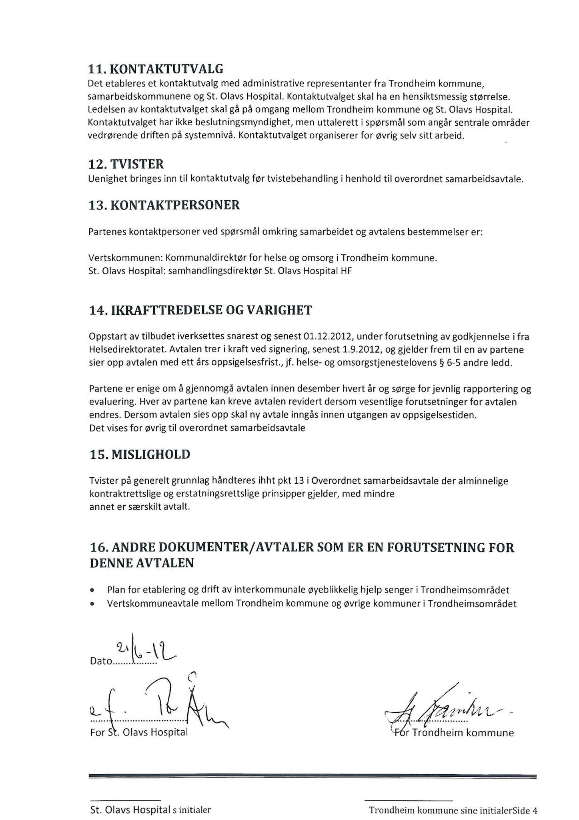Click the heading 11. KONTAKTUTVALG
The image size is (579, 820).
[x=155, y=69]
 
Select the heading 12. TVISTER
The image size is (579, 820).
[x=126, y=164]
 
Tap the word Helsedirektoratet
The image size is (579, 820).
[x=127, y=350]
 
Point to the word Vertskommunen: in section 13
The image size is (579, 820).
[x=125, y=258]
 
